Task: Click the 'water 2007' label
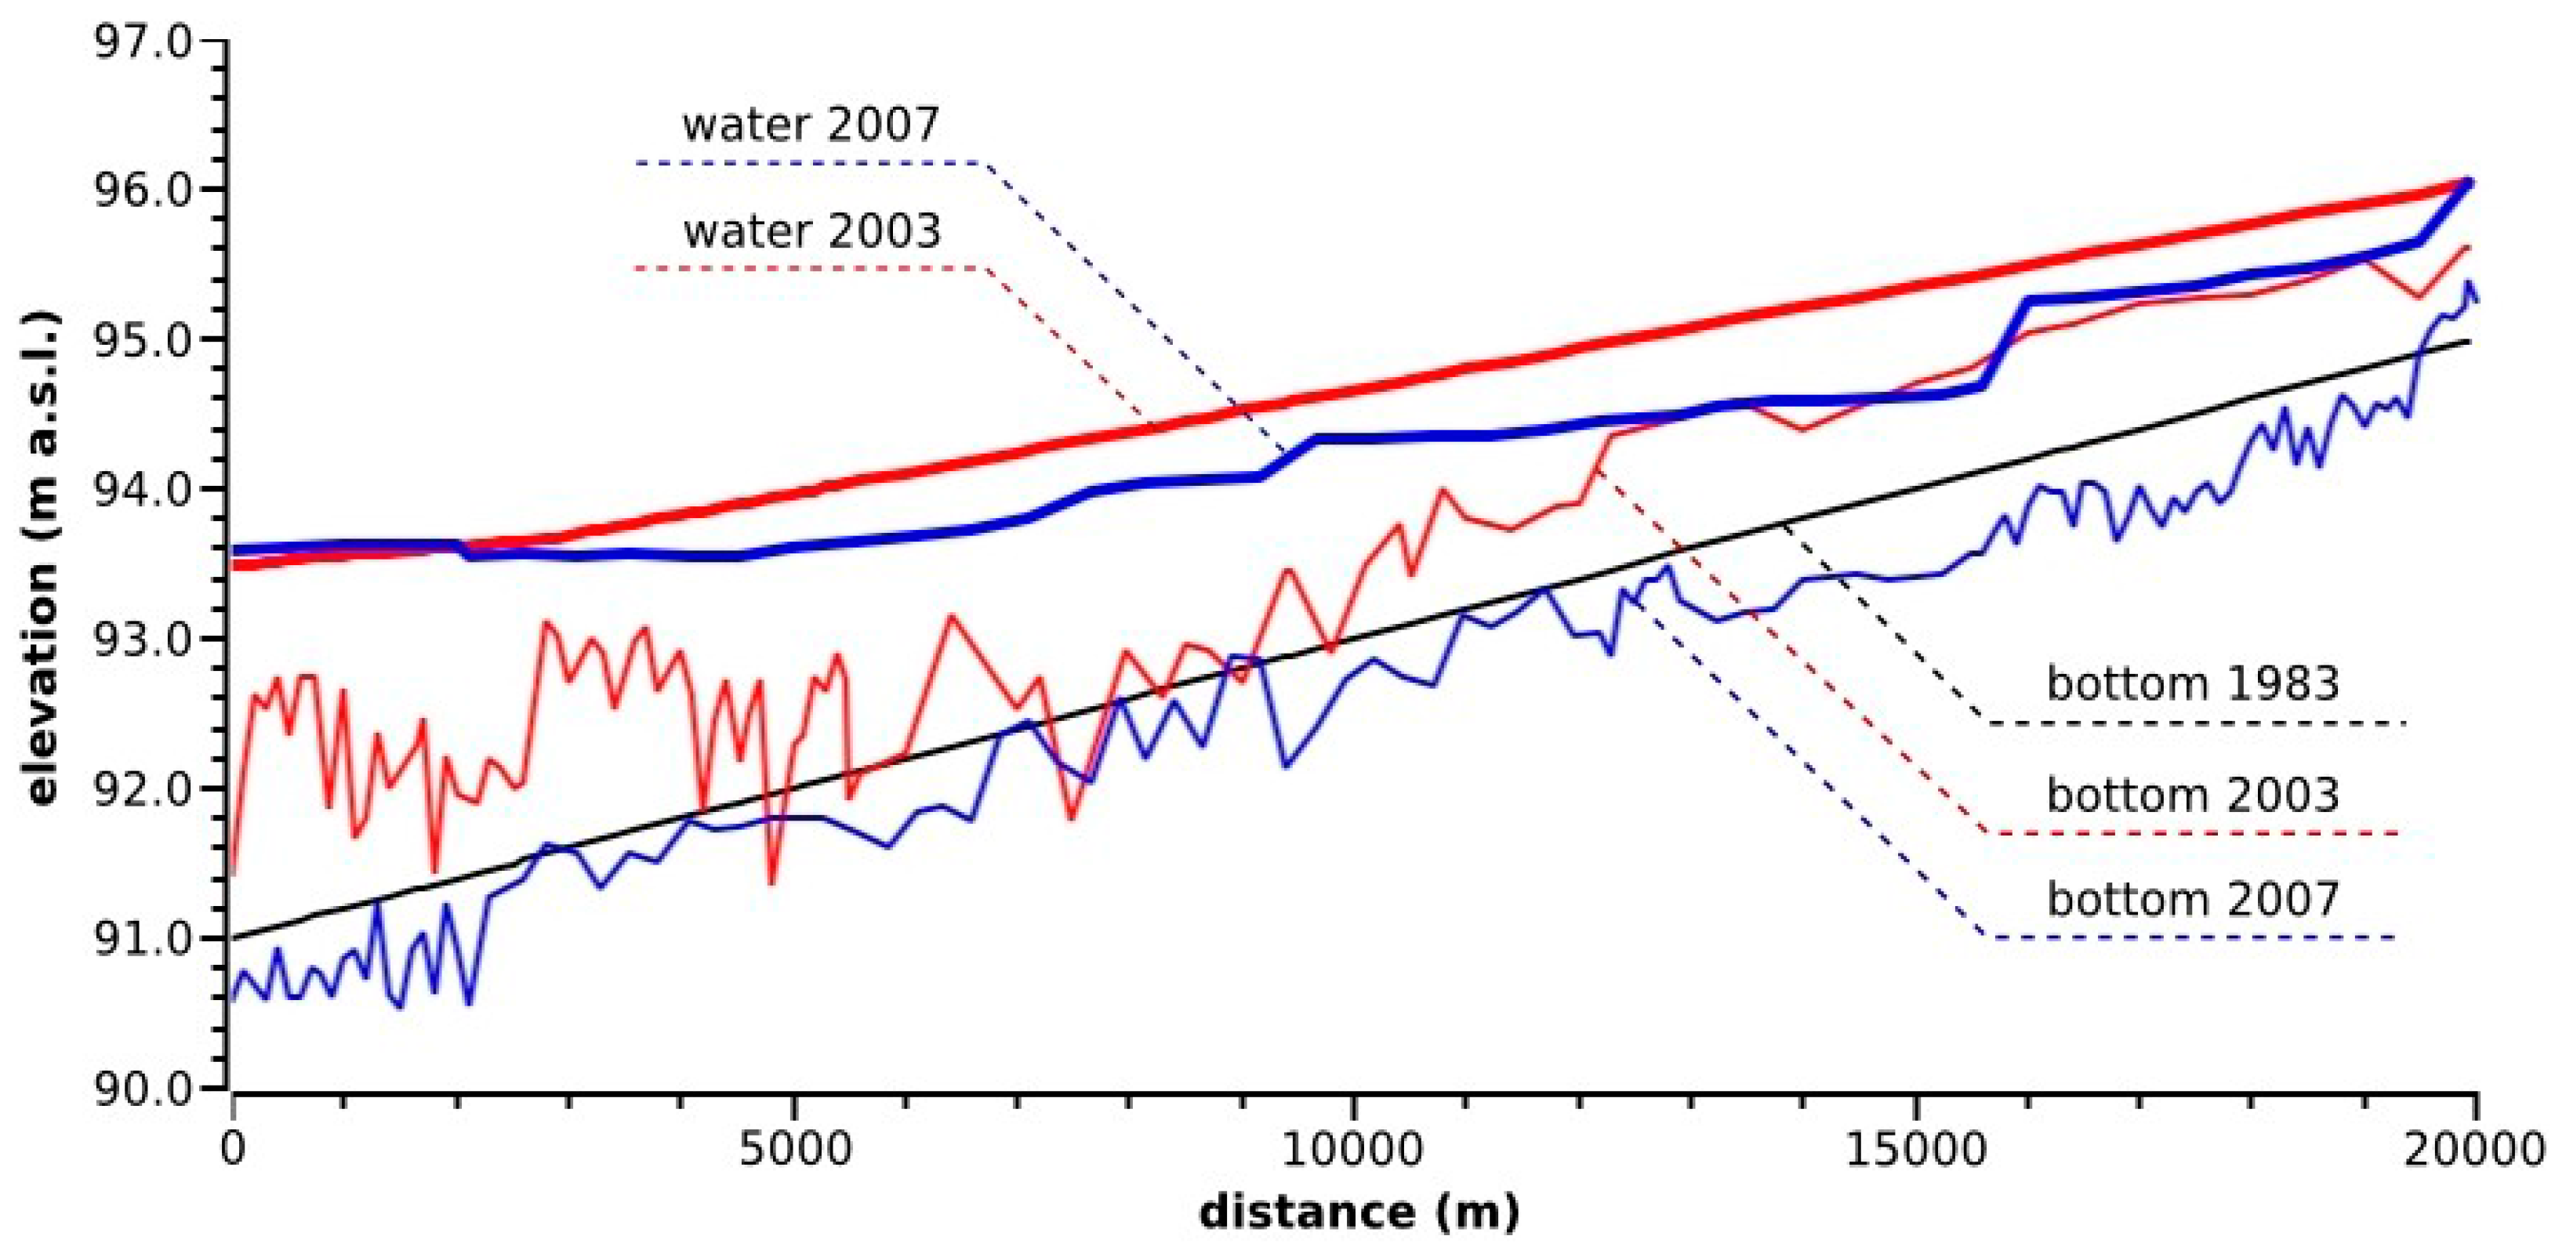point(810,125)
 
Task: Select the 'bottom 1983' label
point(2193,684)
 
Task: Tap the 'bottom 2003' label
point(2193,795)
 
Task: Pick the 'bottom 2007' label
point(2193,900)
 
